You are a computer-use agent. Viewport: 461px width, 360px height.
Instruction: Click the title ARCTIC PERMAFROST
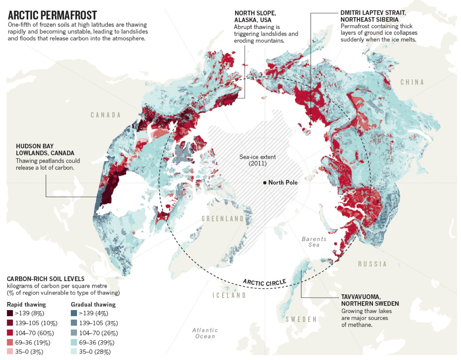[x=52, y=15]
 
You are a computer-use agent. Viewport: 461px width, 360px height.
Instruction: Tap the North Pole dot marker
[x=265, y=183]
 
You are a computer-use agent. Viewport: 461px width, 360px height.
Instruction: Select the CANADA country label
[x=106, y=115]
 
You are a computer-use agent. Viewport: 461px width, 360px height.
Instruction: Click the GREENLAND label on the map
[x=223, y=219]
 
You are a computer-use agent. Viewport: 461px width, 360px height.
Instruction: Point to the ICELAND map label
[x=229, y=295]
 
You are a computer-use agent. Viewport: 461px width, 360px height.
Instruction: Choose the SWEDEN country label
[x=301, y=320]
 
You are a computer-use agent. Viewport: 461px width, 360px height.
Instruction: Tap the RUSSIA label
[x=372, y=264]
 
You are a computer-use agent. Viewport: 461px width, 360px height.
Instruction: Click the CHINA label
[x=412, y=82]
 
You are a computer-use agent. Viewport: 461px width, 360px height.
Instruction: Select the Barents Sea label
[x=314, y=242]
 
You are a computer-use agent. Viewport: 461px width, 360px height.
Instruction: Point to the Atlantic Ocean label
[x=205, y=333]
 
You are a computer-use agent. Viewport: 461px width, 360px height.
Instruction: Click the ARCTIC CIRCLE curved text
[x=264, y=283]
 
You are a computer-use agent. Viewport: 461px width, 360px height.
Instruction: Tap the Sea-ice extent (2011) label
[x=257, y=160]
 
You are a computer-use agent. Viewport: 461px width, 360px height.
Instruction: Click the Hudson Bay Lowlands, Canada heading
[x=45, y=150]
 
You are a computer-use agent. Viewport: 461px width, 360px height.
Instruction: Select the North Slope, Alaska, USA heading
[x=255, y=17]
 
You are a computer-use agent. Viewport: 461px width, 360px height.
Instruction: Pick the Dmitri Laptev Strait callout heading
[x=373, y=16]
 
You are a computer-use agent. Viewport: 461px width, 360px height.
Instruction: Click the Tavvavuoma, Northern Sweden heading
[x=370, y=300]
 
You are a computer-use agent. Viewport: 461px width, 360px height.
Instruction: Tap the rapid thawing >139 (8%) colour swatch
[x=10, y=313]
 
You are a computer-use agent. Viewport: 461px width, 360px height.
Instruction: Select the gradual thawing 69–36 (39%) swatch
[x=74, y=342]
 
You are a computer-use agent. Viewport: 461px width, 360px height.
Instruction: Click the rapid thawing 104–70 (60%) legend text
[x=34, y=333]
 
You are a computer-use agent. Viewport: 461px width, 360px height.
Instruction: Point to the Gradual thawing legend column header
[x=93, y=305]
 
